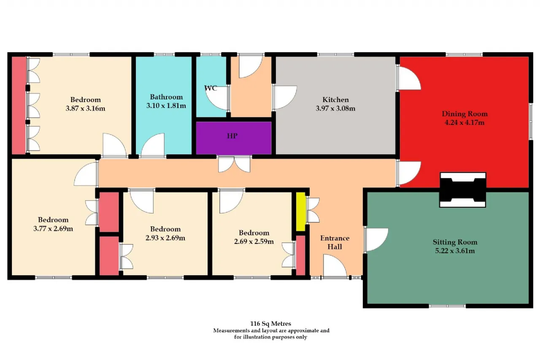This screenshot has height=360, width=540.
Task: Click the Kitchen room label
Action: [335, 100]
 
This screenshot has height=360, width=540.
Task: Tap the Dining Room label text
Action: [464, 114]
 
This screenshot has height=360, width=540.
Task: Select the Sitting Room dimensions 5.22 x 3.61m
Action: [455, 251]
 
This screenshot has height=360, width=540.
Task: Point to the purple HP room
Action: [234, 138]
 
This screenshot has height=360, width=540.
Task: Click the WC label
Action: [211, 88]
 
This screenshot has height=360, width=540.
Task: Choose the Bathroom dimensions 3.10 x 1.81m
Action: [166, 106]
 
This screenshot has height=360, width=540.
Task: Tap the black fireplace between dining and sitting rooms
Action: [463, 190]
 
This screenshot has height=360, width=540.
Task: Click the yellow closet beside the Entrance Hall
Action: [301, 211]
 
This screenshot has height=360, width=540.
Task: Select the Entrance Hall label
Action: [335, 242]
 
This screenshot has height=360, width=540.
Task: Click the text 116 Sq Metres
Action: [270, 324]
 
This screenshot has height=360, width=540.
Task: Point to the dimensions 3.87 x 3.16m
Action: [85, 108]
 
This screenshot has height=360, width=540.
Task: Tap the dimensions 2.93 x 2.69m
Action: [165, 238]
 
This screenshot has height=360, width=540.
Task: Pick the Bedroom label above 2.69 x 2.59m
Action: [254, 233]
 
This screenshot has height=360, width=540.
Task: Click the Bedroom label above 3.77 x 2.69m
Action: [53, 219]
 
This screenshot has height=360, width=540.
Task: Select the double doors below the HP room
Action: [234, 164]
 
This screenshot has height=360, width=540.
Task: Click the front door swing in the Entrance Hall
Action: [335, 266]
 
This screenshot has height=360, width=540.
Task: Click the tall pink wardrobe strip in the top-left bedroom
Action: [19, 106]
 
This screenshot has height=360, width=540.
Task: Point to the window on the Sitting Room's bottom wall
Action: [447, 306]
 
